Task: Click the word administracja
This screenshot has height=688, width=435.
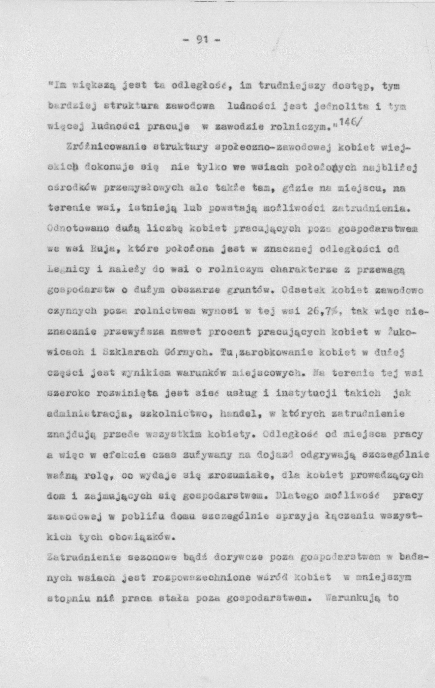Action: (x=84, y=414)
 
